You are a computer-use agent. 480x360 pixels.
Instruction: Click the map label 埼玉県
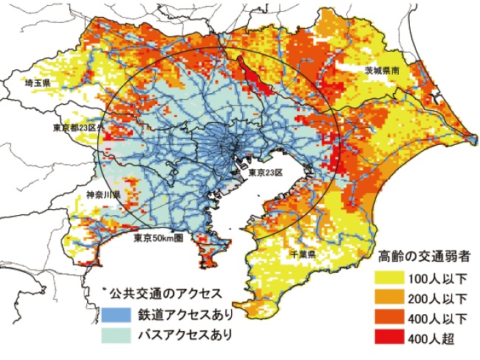click(37, 84)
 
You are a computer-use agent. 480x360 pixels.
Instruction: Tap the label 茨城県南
click(382, 71)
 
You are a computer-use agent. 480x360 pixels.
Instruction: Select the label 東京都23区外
click(80, 128)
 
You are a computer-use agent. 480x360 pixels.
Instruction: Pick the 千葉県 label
click(304, 254)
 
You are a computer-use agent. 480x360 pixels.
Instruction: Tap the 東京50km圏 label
click(158, 239)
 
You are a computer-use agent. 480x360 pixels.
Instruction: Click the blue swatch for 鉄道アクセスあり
click(116, 314)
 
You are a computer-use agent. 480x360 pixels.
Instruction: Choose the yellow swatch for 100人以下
click(390, 279)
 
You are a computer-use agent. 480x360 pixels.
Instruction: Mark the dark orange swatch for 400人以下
click(390, 319)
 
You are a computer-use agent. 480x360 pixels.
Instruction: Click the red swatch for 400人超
click(390, 339)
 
